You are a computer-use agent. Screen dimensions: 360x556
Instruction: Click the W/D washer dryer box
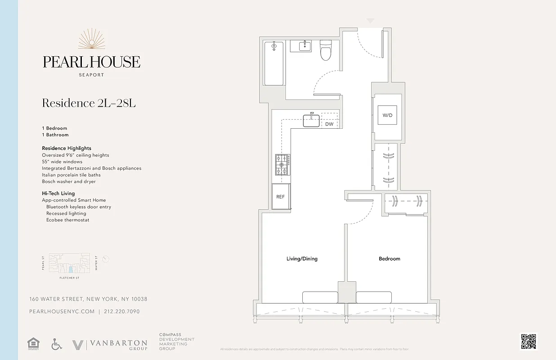point(387,115)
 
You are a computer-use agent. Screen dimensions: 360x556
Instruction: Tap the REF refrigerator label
point(280,197)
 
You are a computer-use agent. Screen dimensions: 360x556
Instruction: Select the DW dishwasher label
point(329,124)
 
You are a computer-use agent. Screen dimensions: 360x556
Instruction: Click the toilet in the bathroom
point(326,50)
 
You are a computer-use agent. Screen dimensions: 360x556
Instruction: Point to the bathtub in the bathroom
point(274,63)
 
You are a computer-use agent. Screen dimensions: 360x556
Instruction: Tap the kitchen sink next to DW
point(311,121)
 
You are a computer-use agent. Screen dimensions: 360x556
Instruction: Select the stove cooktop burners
point(282,165)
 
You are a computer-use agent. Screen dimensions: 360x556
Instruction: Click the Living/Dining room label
point(302,259)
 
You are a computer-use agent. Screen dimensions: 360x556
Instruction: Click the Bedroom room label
point(389,259)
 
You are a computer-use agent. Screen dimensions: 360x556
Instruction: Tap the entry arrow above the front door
point(370,21)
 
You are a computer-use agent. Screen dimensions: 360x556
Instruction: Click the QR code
point(528,341)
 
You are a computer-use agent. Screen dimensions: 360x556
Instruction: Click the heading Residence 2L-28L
point(89,103)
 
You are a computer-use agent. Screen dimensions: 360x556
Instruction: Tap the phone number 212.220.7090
point(121,311)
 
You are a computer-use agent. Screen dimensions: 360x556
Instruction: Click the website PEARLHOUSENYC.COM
point(62,311)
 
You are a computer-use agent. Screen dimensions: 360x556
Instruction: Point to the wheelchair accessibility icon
point(57,345)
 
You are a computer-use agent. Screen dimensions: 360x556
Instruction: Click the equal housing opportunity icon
point(33,345)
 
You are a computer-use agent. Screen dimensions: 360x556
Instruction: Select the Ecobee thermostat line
point(67,220)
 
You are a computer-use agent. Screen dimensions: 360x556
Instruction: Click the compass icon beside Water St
point(106,259)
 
